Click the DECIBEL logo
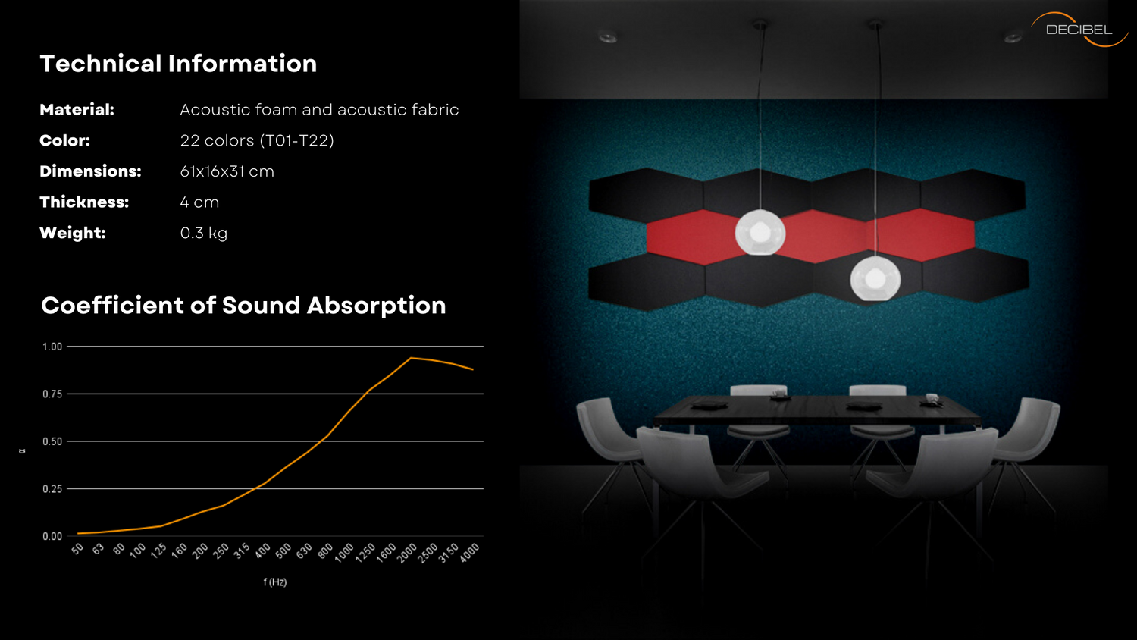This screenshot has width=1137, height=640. point(1079,30)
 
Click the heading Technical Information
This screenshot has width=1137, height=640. point(178,64)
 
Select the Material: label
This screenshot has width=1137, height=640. point(77,110)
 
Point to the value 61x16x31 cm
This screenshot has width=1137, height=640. point(227,171)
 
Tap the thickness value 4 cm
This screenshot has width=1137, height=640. point(199,202)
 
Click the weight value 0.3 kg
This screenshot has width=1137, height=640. point(204,233)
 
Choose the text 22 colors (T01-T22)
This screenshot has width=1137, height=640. point(257,140)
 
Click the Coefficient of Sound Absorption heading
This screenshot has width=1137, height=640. point(243,306)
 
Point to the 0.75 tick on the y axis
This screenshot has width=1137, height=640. point(52,394)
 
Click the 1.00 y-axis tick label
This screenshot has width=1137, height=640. point(52,347)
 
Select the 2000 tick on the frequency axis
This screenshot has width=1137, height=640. point(406,553)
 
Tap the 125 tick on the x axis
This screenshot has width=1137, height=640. point(159,551)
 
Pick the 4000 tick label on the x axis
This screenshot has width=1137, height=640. point(469,553)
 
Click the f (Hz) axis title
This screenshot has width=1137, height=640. point(275,582)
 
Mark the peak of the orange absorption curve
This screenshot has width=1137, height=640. point(411,358)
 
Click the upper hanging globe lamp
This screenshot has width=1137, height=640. point(760,233)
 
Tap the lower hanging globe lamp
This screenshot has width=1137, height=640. point(875,278)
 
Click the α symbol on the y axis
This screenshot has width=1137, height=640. point(22,450)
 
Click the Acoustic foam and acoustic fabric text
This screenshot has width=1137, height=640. point(319,110)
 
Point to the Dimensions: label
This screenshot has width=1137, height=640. point(90,171)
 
